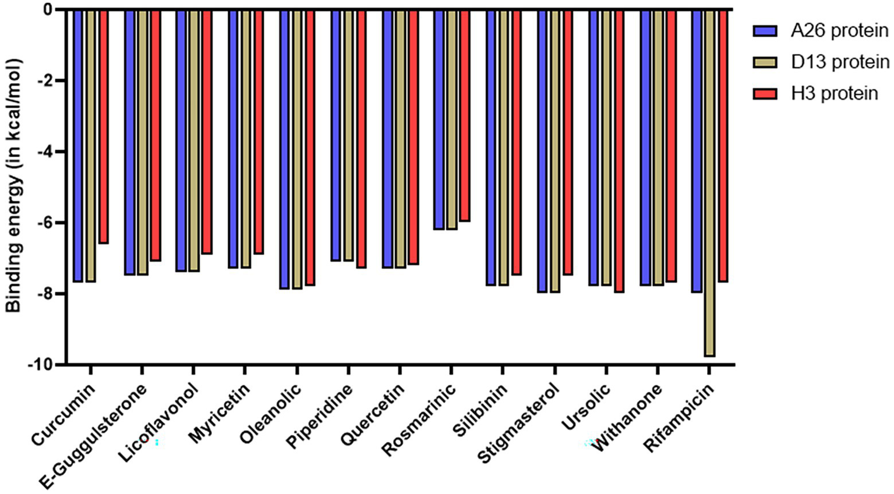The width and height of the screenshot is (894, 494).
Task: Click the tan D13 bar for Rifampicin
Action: pos(709,183)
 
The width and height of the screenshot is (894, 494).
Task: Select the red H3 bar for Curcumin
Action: pos(104,126)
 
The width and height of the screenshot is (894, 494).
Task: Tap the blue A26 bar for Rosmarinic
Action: pos(439,119)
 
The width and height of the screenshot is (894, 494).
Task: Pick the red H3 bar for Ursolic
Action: pos(619,151)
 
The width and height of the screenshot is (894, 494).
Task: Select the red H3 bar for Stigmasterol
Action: pos(568,142)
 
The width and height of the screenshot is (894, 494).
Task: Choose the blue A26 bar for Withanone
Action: pos(645,147)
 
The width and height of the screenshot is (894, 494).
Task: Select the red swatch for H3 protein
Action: pos(765,94)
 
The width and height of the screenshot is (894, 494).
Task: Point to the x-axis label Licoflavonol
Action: pos(159,423)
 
